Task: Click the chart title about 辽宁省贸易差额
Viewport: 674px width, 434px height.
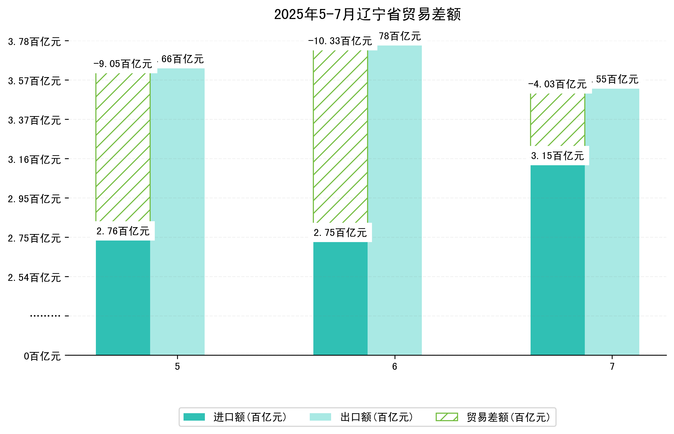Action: (x=367, y=14)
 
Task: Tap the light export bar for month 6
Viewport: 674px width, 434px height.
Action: (x=395, y=200)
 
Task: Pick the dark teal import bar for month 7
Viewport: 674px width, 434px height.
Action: (x=557, y=260)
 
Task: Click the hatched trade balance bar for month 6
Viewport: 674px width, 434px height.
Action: (x=340, y=137)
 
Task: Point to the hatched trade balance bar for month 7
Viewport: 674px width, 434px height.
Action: (x=557, y=120)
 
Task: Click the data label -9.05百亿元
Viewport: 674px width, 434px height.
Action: (x=123, y=64)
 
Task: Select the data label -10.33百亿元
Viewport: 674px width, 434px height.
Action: (x=340, y=41)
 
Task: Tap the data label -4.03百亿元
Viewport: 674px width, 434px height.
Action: (x=557, y=84)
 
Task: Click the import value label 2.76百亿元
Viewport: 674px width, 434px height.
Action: (x=123, y=231)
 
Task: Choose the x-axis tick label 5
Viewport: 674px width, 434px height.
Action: (x=177, y=367)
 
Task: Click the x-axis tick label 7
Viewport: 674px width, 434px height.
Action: (x=612, y=367)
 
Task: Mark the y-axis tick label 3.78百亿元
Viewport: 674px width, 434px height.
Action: (x=34, y=42)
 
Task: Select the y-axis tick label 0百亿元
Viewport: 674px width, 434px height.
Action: (x=42, y=356)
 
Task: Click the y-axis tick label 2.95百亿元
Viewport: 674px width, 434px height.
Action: (x=34, y=199)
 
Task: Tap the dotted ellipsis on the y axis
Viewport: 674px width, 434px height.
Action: (x=45, y=316)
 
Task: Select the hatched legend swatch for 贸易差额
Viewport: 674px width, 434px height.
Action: (x=447, y=417)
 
